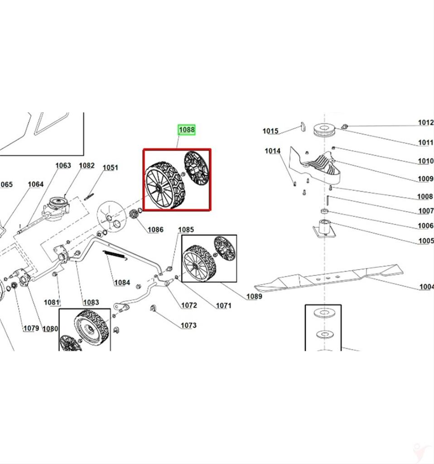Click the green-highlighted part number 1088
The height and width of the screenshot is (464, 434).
(x=186, y=130)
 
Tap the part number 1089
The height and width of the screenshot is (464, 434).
(x=254, y=296)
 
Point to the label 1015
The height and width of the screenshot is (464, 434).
(x=270, y=131)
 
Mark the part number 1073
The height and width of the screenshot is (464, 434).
(x=188, y=325)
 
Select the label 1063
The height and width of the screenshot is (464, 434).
(x=63, y=165)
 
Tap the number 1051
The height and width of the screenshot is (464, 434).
(x=110, y=167)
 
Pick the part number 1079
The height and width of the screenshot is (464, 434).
(x=31, y=328)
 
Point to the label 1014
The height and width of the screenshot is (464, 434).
(x=273, y=151)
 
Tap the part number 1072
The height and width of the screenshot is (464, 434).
(x=189, y=305)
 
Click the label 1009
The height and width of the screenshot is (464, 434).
(x=425, y=179)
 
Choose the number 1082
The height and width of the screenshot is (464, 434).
(x=87, y=165)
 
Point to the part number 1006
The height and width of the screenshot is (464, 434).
(x=425, y=226)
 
